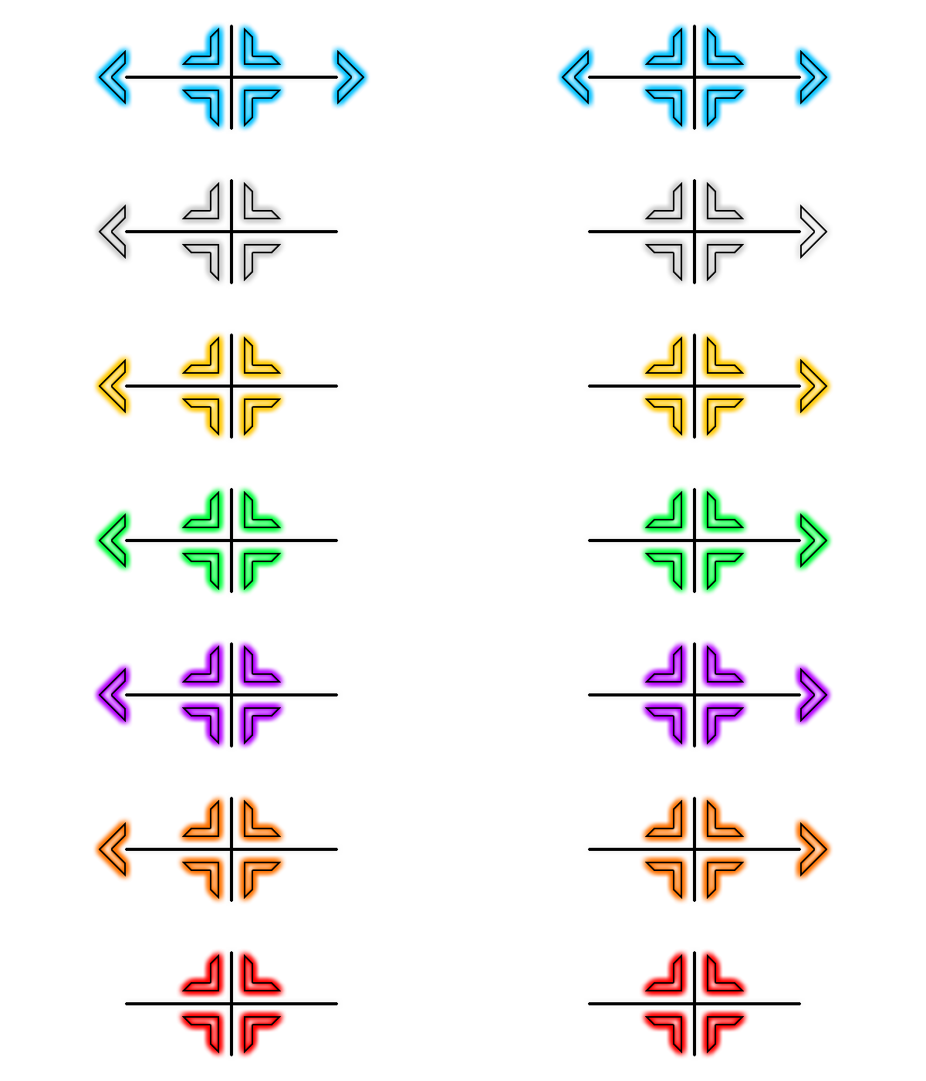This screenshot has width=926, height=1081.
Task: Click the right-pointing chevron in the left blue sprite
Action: coord(350,77)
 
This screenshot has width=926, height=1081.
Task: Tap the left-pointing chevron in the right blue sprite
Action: coord(576,77)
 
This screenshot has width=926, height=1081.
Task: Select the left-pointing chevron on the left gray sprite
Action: coord(113,232)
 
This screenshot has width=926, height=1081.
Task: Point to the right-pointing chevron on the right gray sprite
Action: coord(813,232)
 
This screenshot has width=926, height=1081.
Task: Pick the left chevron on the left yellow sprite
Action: coord(113,386)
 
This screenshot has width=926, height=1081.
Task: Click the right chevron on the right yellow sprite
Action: coord(813,386)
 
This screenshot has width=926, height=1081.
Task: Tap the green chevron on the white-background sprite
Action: coord(113,540)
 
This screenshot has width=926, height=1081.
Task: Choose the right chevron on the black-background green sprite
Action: coord(813,540)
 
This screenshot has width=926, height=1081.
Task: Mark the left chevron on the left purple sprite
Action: coord(113,695)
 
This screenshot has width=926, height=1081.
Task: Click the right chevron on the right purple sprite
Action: coord(813,695)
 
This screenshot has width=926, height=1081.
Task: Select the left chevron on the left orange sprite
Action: coord(113,849)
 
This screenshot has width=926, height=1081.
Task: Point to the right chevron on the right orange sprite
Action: coord(813,849)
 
